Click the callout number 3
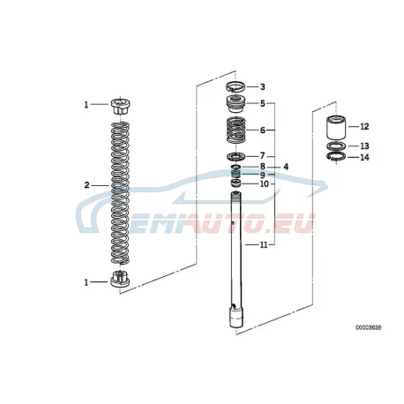263,86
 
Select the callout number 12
364,126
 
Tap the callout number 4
286,167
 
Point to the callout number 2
86,185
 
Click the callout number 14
364,157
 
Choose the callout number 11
264,244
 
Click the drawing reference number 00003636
369,327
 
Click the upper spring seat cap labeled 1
121,107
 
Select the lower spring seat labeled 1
120,279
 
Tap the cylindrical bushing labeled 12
336,128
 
